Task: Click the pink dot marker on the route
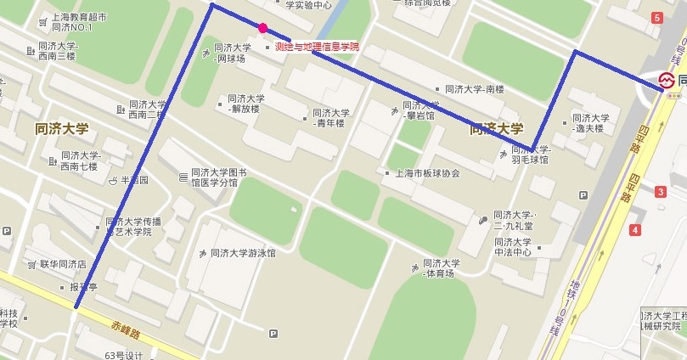[263, 28]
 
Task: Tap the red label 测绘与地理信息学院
[317, 47]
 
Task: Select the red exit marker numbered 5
[656, 18]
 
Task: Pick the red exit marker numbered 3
[661, 192]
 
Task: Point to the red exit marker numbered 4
[634, 230]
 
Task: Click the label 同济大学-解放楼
[243, 103]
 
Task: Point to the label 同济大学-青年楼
[329, 117]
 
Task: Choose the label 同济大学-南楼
[475, 89]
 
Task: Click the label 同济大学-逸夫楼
[589, 123]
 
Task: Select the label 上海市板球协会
[427, 173]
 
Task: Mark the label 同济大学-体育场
[442, 268]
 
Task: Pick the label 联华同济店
[63, 264]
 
